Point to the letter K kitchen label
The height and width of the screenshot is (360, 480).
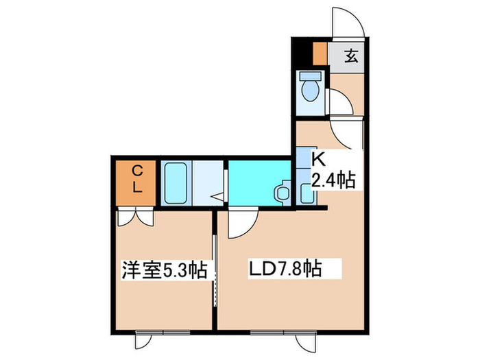[x=318, y=160]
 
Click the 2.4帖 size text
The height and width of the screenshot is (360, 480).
[x=333, y=181]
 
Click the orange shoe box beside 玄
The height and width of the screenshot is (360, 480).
[x=319, y=53]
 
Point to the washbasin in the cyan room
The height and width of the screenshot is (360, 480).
[x=280, y=191]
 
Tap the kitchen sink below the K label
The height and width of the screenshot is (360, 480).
[x=306, y=193]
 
